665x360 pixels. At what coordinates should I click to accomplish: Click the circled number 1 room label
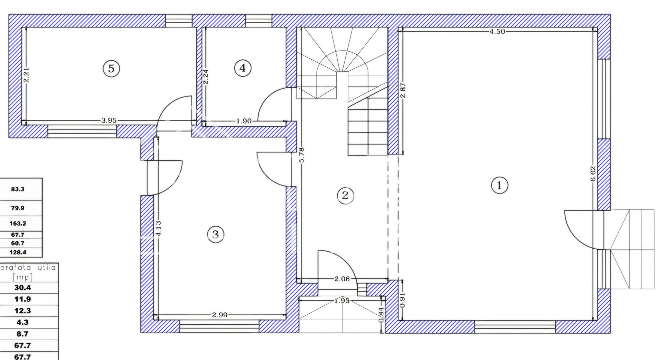pos(499,186)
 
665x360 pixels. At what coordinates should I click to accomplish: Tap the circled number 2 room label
pos(345,196)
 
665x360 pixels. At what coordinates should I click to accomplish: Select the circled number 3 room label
pos(215,234)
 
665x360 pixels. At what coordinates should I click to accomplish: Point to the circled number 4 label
pos(242,68)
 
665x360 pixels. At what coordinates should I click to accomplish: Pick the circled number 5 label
pos(111,68)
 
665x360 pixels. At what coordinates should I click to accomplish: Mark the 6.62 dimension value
pos(593,174)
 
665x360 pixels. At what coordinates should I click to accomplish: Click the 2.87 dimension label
pos(403,91)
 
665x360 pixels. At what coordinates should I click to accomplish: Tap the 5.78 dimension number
pos(301,155)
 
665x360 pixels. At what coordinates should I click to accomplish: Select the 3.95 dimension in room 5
pos(109,120)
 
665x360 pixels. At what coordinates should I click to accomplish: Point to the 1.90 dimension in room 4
pos(244,121)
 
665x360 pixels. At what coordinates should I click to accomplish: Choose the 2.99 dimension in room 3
pos(220,315)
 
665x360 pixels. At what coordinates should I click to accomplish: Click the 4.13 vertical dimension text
pos(158,228)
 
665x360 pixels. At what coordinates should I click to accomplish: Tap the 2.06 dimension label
pos(342,279)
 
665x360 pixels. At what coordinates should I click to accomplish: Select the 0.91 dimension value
pos(403,300)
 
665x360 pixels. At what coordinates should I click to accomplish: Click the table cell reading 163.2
pos(18,224)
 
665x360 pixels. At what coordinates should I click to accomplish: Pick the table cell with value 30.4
pos(23,288)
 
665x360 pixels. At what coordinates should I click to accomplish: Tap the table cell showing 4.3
pos(23,322)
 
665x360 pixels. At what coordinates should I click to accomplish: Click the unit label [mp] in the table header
pos(23,277)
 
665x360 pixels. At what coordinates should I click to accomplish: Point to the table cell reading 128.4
pos(18,252)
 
